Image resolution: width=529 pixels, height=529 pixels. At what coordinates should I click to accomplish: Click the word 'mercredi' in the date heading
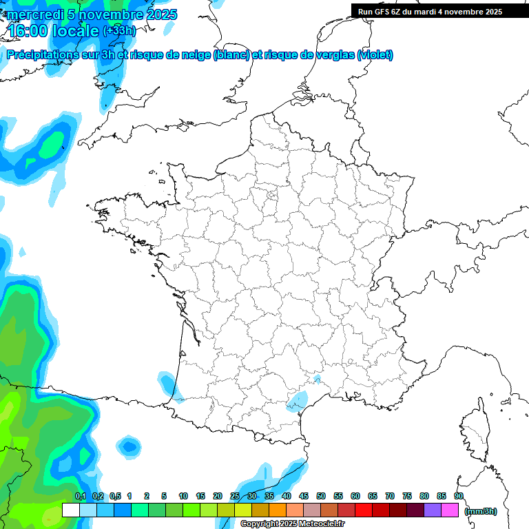31,14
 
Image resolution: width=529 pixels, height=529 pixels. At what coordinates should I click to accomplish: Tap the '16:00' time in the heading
29,31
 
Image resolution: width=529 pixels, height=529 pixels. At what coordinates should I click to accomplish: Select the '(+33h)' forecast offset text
119,31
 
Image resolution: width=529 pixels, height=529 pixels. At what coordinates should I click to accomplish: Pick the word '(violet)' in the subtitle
375,55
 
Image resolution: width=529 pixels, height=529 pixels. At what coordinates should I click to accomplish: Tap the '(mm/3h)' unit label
481,511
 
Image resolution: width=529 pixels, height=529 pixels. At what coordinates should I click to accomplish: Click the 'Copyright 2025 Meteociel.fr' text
293,524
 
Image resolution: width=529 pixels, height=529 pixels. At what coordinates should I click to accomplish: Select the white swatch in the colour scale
70,510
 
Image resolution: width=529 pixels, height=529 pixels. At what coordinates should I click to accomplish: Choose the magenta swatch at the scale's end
450,510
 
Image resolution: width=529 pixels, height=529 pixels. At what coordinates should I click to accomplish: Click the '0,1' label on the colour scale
81,497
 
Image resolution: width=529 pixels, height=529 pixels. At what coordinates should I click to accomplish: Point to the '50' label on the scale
321,497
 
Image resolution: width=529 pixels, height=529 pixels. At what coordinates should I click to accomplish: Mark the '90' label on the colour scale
459,497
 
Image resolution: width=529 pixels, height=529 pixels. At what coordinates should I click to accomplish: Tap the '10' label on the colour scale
183,497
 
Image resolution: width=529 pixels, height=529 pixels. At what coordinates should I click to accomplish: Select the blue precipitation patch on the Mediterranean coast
298,399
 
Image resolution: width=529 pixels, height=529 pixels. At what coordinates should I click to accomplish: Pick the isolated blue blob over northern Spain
127,446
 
